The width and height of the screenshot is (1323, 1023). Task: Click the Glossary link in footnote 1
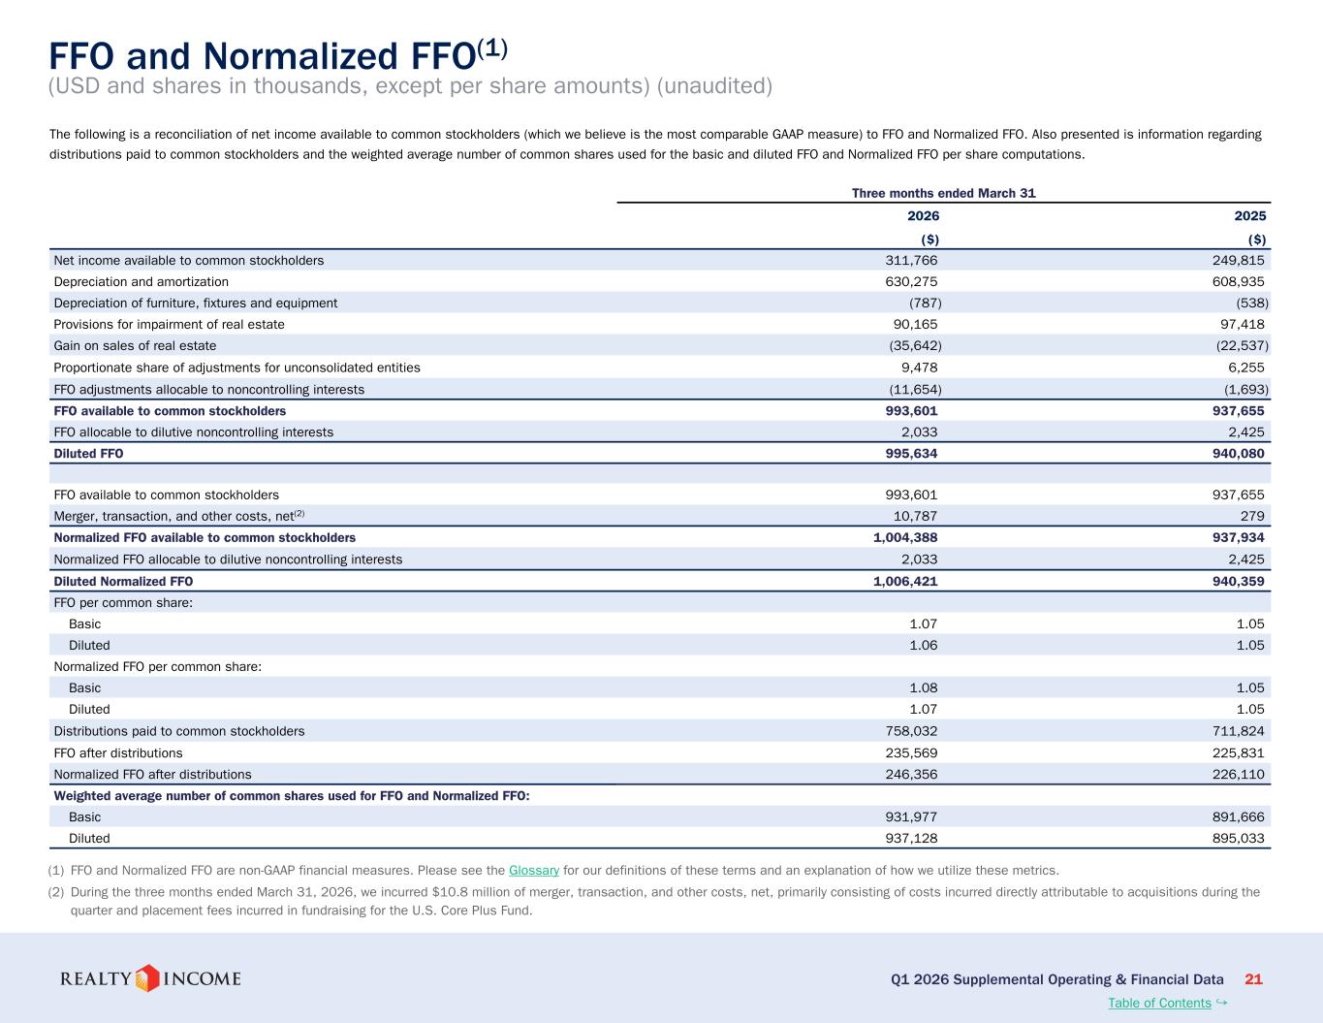(x=533, y=870)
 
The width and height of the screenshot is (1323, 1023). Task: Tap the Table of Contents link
(x=1159, y=1003)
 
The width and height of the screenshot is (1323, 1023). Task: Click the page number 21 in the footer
(x=1253, y=979)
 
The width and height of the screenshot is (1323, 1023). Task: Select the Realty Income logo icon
(x=146, y=978)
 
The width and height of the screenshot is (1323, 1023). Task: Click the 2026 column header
(x=923, y=216)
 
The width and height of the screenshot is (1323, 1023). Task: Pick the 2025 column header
(x=1250, y=216)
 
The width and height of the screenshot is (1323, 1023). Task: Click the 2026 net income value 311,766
(x=911, y=261)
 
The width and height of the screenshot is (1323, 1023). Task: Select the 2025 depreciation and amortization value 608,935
(x=1239, y=282)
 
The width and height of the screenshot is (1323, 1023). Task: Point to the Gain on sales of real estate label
(x=135, y=346)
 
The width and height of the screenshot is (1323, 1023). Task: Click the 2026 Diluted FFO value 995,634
(x=911, y=454)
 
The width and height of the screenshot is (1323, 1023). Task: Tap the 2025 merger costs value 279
(x=1252, y=517)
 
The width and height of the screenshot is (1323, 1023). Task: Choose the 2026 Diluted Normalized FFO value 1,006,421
(x=905, y=582)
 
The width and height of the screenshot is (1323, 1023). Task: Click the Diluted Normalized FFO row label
(x=123, y=582)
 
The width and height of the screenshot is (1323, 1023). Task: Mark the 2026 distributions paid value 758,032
(x=911, y=731)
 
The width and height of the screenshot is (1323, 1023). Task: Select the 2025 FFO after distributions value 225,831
(x=1239, y=753)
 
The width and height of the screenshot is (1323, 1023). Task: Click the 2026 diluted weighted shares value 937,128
(x=911, y=839)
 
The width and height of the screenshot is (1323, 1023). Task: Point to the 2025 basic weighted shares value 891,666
(x=1239, y=817)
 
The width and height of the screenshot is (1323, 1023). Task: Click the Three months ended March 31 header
(x=944, y=193)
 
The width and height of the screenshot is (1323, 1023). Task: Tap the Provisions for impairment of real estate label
(x=170, y=325)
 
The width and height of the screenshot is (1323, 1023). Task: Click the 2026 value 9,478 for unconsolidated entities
(x=920, y=368)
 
